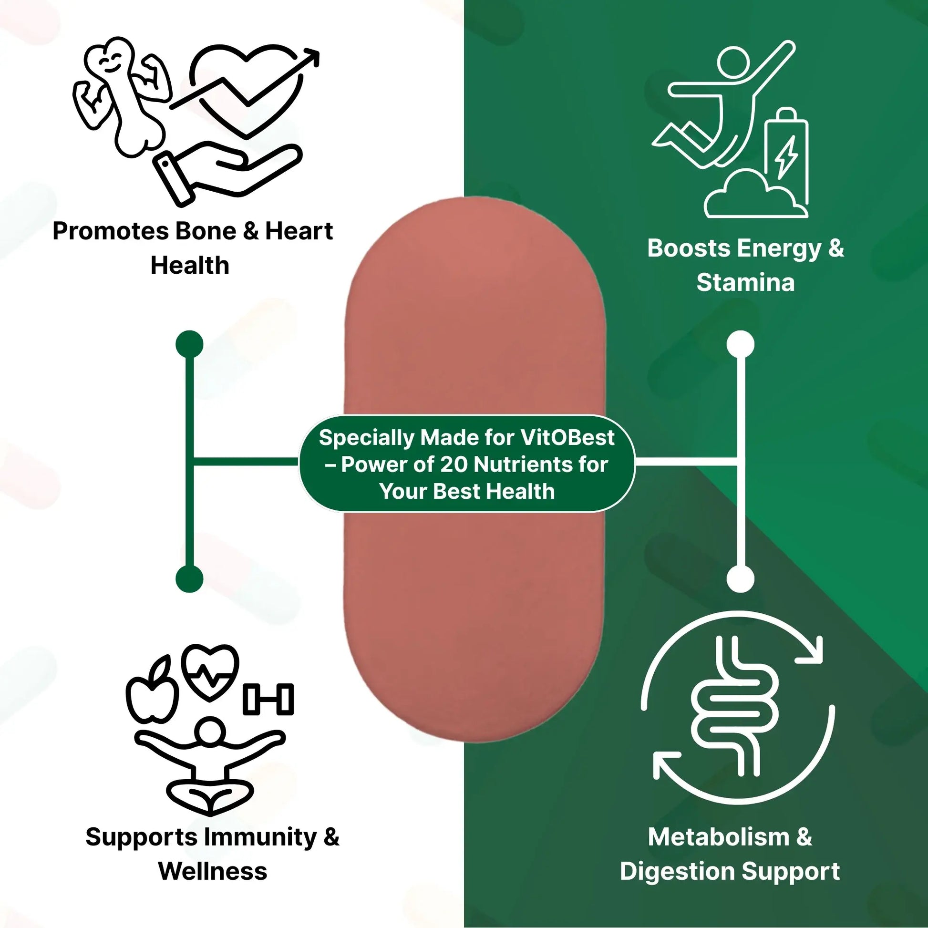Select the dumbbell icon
tap(268, 699)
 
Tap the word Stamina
tap(745, 282)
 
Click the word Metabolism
tap(718, 837)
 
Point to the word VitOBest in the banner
tap(567, 438)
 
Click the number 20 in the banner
tap(454, 464)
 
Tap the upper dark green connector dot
tap(190, 344)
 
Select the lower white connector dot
tap(740, 578)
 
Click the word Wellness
tap(212, 872)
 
